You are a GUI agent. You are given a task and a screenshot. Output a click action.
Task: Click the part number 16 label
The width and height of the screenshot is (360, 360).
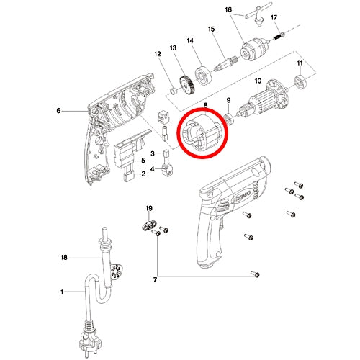coord(228,9)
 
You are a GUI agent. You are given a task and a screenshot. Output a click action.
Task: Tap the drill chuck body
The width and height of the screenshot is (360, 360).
coord(249,51)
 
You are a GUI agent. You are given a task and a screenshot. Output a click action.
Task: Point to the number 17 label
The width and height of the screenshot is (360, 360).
coord(274,17)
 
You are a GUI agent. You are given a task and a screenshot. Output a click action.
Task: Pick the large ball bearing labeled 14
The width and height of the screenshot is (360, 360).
coord(204,75)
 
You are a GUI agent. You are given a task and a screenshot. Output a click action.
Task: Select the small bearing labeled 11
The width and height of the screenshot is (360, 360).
coord(300,82)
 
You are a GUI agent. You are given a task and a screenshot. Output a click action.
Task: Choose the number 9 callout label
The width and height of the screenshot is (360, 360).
coord(228,100)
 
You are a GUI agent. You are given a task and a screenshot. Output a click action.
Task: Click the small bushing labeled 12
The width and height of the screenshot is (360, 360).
coord(174,91)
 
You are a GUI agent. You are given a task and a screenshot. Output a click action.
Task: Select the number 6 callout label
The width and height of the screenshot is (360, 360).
coord(58,111)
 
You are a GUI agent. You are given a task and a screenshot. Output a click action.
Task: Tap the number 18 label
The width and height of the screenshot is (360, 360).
coord(64,258)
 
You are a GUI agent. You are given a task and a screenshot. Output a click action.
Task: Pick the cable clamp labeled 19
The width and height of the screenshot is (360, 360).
coord(149,226)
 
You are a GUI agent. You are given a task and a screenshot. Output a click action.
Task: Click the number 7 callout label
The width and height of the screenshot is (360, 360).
coord(155,279)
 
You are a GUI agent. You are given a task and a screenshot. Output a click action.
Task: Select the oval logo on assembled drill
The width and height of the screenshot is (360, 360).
coord(241,192)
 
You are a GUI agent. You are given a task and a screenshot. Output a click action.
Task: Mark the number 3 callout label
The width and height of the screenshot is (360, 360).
coord(153,153)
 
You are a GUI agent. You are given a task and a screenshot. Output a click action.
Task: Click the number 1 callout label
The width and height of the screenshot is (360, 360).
coord(62,292)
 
